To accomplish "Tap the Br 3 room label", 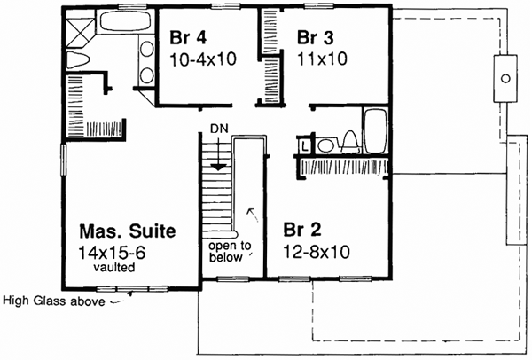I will [x=316, y=39].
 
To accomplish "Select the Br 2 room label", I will [x=301, y=229].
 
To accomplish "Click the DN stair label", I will [x=219, y=129].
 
